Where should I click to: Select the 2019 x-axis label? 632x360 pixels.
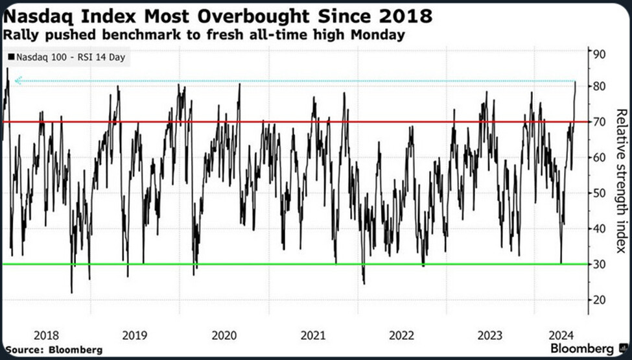point(135,335)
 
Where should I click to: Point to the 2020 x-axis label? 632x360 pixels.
point(224,335)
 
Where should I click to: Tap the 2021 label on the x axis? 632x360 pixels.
point(313,335)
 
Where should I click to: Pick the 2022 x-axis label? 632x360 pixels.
point(402,335)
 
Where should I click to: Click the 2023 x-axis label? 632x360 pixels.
point(491,335)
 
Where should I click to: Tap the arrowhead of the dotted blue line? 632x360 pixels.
point(18,81)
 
